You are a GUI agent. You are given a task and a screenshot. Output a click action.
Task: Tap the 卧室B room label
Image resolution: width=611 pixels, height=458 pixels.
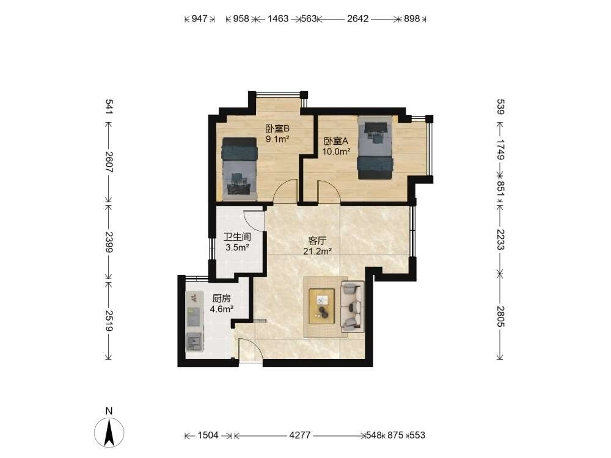tap(277, 128)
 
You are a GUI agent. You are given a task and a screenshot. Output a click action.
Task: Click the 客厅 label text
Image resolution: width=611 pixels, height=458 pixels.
tap(316, 241)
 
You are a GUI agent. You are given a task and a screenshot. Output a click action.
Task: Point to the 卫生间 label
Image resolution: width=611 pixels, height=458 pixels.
tap(237, 237)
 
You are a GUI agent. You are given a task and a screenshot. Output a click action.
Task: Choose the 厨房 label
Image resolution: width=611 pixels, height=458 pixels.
tap(221, 299)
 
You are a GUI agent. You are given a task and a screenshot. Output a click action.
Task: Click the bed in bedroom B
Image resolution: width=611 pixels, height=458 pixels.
tap(240, 169)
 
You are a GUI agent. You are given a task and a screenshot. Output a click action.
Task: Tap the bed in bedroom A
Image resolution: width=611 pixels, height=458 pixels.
tap(375, 147)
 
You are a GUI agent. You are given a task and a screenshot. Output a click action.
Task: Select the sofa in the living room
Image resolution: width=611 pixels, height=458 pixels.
tap(353, 307)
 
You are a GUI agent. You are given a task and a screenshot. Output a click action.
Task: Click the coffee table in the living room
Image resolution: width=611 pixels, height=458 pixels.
tap(322, 306)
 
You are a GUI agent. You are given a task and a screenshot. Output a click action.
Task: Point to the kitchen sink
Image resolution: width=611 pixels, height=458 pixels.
tap(194, 342)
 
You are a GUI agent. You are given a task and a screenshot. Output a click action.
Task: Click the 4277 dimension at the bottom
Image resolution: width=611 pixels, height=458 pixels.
tap(299, 435)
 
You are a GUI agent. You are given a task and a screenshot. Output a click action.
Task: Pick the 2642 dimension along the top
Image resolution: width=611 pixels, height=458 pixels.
tap(357, 19)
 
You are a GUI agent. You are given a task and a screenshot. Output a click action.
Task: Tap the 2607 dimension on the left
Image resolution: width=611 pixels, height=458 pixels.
tap(109, 162)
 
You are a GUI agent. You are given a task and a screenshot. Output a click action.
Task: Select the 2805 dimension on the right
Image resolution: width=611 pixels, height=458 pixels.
tap(501, 316)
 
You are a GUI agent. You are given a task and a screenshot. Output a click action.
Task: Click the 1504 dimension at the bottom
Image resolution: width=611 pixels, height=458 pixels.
tap(208, 435)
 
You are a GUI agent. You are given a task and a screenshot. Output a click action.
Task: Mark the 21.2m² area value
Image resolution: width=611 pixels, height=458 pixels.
tap(317, 252)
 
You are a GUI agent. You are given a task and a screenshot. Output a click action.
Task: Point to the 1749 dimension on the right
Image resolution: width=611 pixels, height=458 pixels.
tap(501, 150)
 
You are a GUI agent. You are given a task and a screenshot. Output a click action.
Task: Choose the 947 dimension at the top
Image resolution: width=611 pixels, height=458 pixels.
tap(199, 19)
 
